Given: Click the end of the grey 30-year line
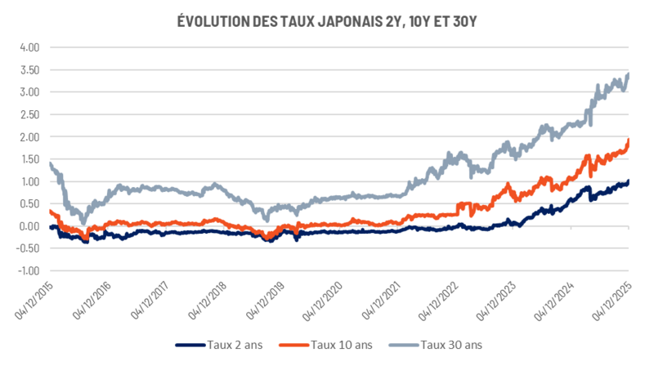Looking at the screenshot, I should pos(628,74).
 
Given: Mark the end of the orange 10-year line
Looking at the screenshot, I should pos(628,140).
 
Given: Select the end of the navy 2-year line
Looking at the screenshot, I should pos(628,181).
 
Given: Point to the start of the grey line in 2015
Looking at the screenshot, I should pos(50,164).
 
